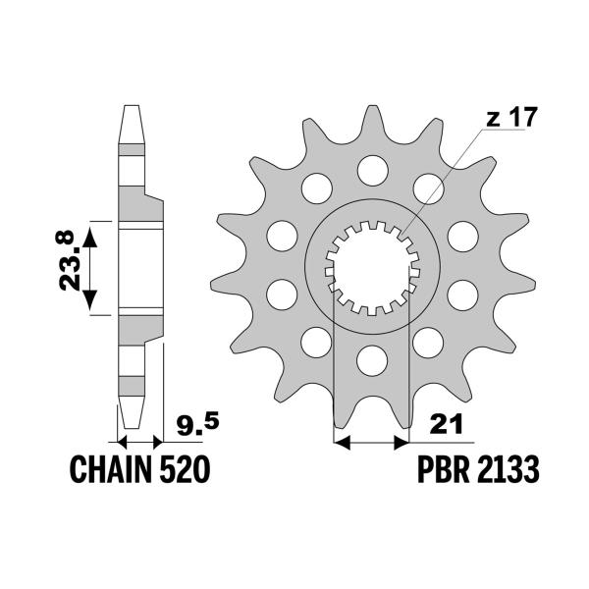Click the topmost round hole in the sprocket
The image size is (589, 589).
(371, 168)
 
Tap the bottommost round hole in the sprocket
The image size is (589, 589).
(371, 360)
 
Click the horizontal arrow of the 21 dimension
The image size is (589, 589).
(371, 444)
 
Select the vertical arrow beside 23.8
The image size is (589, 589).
(90, 267)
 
